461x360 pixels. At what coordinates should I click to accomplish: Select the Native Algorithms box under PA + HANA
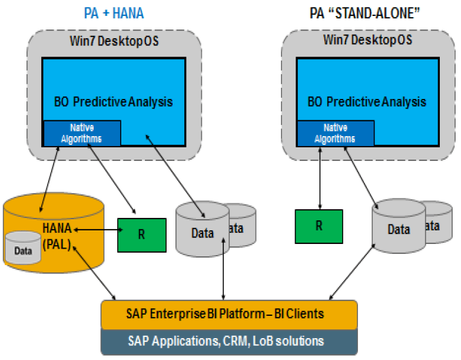[x=82, y=133]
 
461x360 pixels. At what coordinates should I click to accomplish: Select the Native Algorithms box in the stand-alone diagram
[x=334, y=133]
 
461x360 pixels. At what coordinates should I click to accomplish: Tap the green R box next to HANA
[x=141, y=233]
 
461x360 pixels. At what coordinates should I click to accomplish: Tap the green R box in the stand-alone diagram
[x=319, y=226]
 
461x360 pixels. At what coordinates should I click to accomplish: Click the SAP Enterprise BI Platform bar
[x=229, y=313]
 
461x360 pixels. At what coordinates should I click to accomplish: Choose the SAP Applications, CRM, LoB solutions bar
[x=229, y=340]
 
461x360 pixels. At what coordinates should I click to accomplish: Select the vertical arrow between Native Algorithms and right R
[x=319, y=176]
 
